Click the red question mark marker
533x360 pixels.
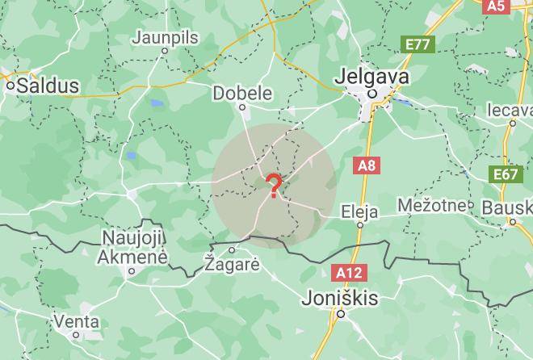275,186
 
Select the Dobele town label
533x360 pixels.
242,94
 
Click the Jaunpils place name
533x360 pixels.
164,37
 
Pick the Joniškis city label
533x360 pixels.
339,297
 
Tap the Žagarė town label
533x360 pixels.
232,264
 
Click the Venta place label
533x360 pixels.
76,321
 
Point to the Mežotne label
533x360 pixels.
436,205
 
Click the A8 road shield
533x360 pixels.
367,165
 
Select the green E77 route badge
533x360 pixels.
418,44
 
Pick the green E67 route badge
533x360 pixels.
505,174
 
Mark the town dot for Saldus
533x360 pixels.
10,85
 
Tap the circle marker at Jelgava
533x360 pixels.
373,94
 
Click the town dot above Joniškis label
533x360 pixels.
341,314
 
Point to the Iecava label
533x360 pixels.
512,109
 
